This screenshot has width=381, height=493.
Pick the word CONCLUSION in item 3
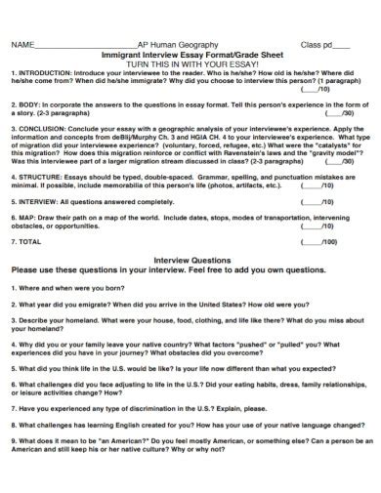(x=38, y=127)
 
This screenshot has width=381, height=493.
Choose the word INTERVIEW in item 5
(x=36, y=200)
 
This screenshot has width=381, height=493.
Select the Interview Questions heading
(x=190, y=260)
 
